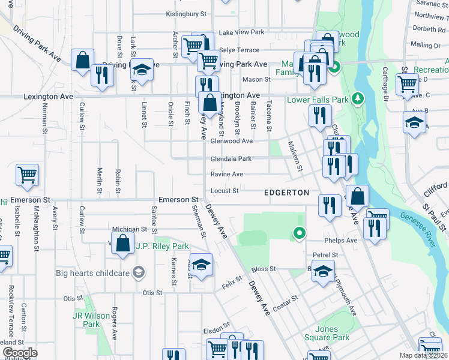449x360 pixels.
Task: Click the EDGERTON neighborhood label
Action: coord(287,192)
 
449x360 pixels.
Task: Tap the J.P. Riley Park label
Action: coord(162,246)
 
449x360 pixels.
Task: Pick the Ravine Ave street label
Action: coord(226,175)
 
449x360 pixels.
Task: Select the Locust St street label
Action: coord(224,191)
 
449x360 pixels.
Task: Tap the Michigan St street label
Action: coord(130,229)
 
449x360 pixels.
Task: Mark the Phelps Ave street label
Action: coord(343,241)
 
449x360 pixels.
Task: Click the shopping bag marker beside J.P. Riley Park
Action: coord(122,244)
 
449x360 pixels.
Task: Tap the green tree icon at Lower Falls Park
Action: coord(358,97)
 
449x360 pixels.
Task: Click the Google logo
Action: coord(20,353)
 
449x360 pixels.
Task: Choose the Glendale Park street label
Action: coord(231,159)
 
